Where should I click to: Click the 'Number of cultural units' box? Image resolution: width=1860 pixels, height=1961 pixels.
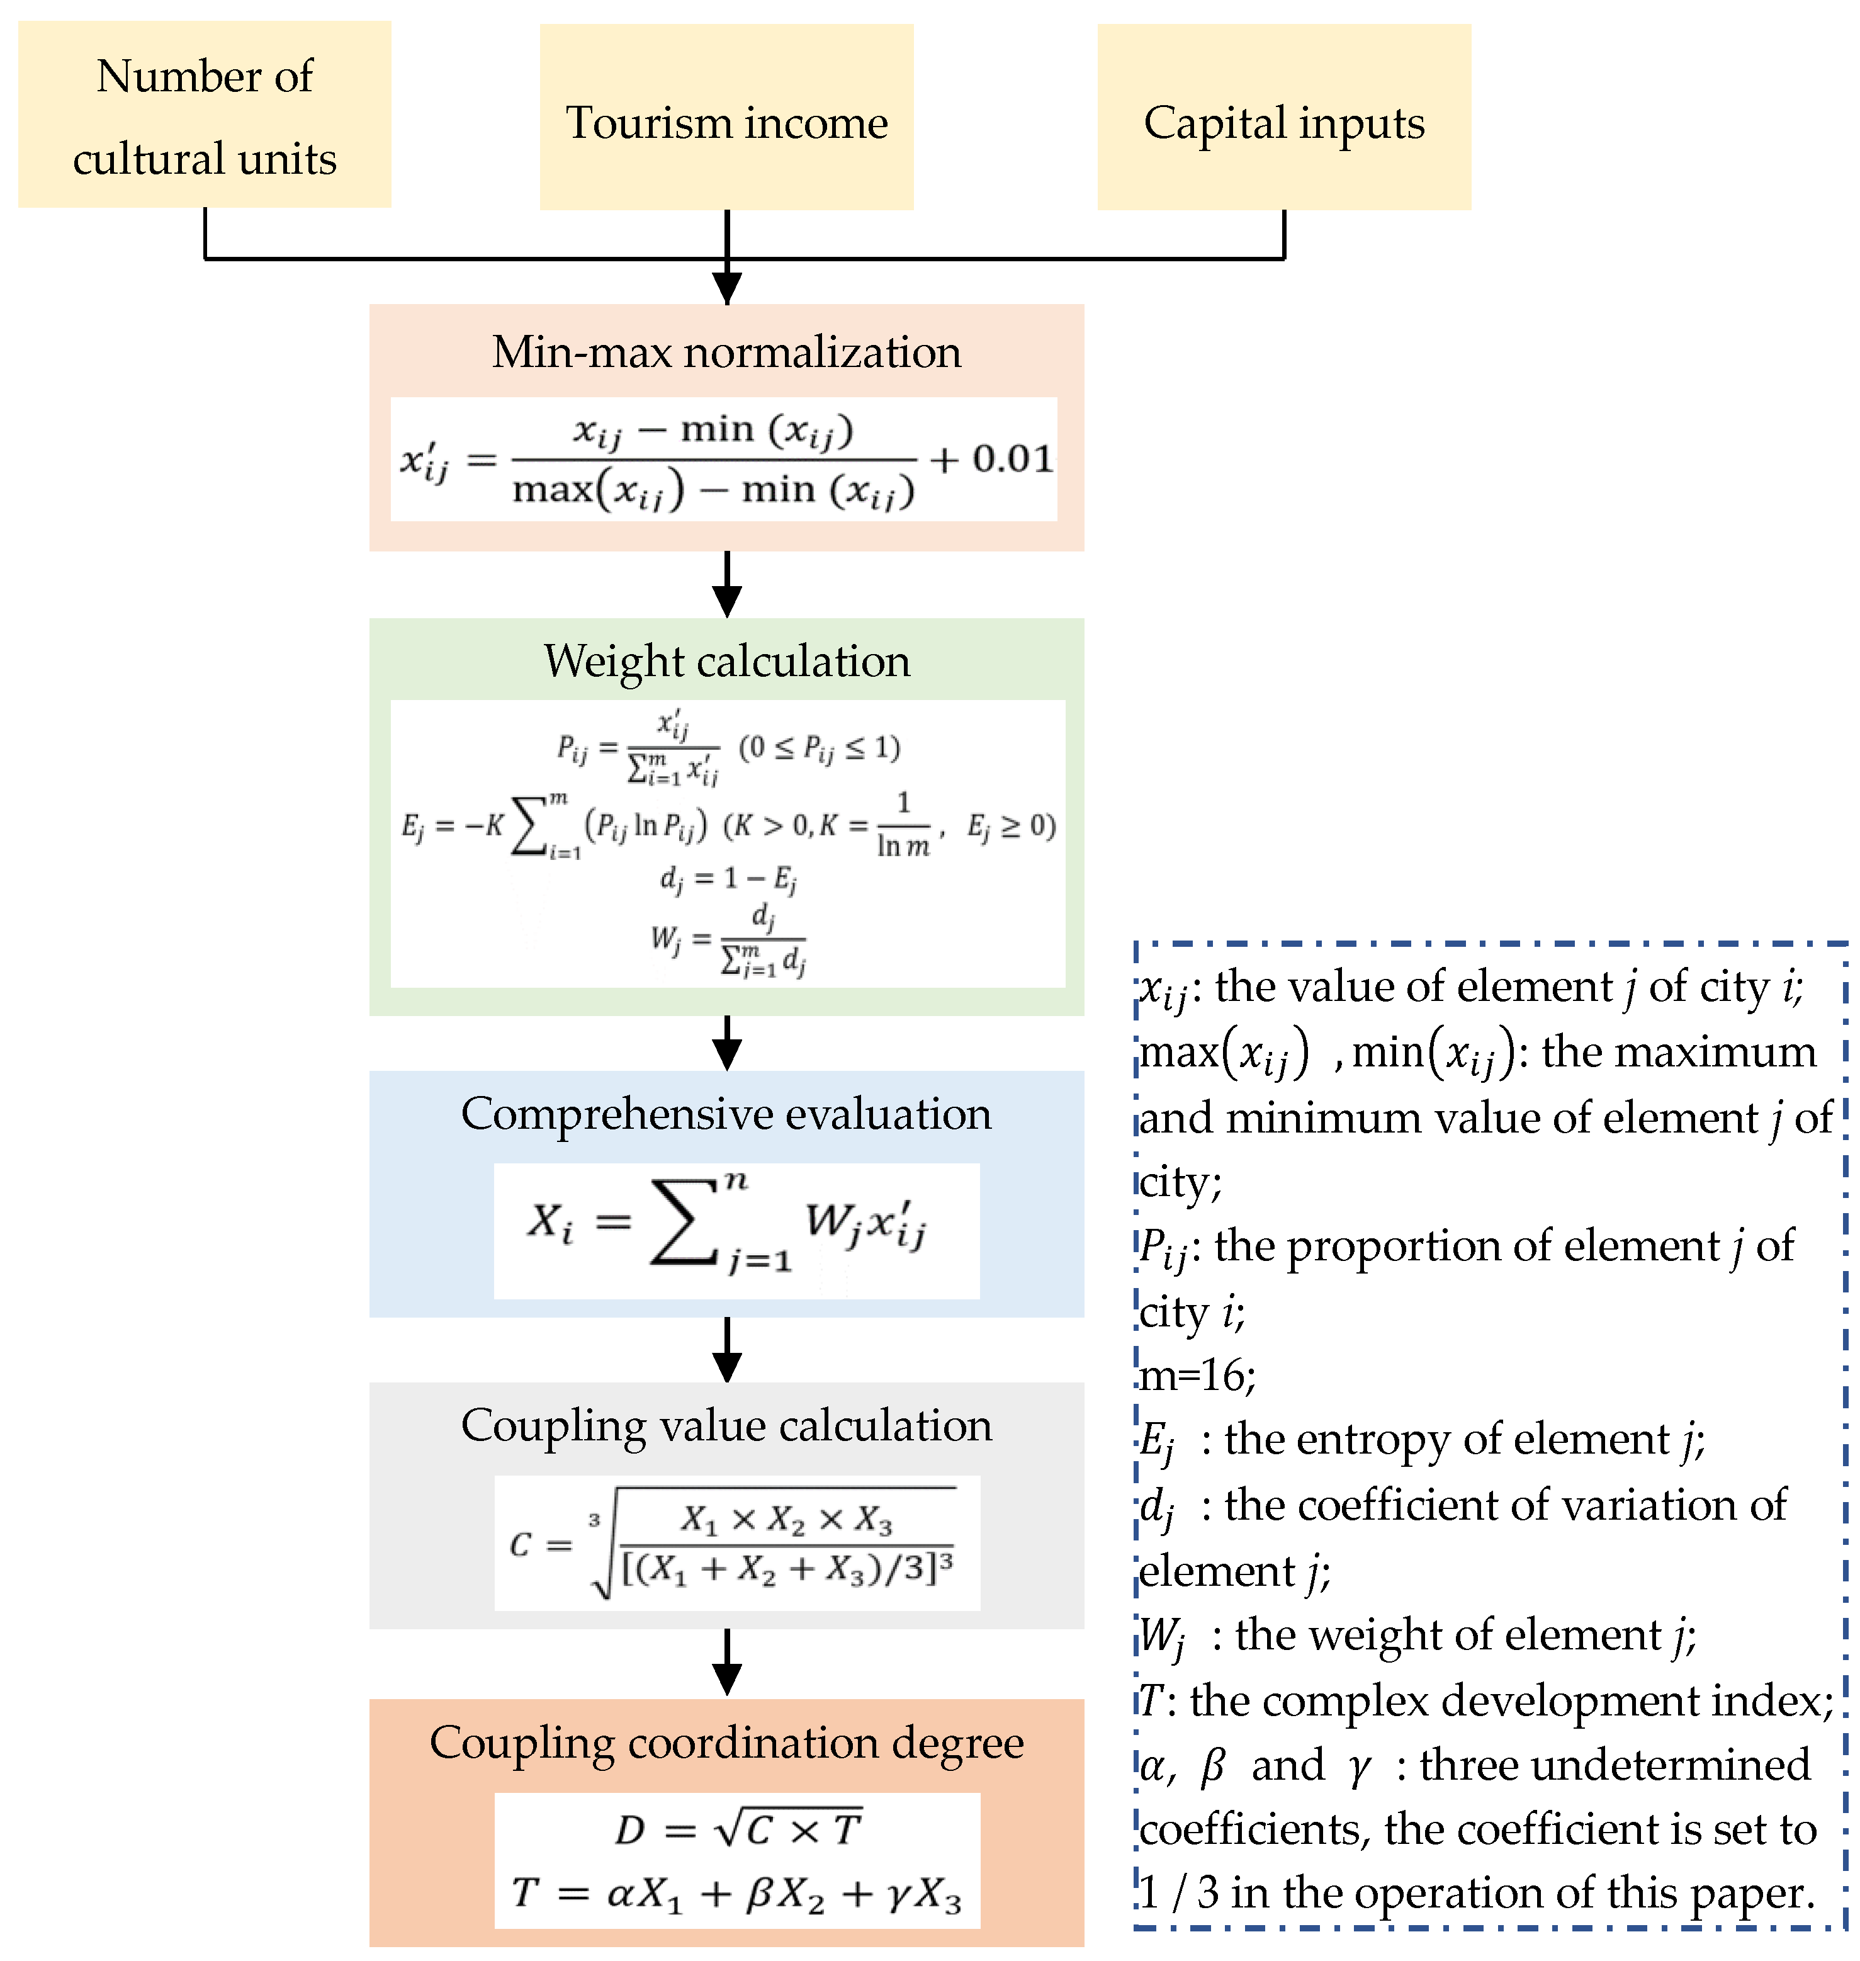pos(204,116)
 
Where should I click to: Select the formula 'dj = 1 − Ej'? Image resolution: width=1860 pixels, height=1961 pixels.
pos(729,878)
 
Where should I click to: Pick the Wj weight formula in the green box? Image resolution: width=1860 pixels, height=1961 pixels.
pos(729,939)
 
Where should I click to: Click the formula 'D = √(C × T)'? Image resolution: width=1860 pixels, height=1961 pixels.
pos(738,1830)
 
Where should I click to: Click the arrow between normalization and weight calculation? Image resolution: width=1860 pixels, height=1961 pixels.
pos(727,585)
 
